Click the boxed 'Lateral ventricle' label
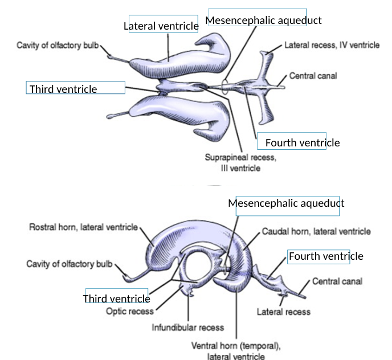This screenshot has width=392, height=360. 161,26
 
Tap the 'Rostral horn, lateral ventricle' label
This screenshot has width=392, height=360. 83,227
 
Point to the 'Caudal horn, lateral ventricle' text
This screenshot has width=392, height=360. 316,232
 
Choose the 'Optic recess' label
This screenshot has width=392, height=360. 130,312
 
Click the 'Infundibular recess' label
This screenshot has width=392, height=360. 187,328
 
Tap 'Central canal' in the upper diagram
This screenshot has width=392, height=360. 313,75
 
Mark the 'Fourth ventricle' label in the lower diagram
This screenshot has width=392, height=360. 325,256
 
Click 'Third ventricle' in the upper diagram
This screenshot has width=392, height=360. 63,89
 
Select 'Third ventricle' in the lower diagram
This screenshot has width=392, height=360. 116,298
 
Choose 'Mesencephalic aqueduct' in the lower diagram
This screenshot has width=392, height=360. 286,203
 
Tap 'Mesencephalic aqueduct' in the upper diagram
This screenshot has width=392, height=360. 263,21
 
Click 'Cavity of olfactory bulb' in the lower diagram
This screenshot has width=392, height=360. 70,264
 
